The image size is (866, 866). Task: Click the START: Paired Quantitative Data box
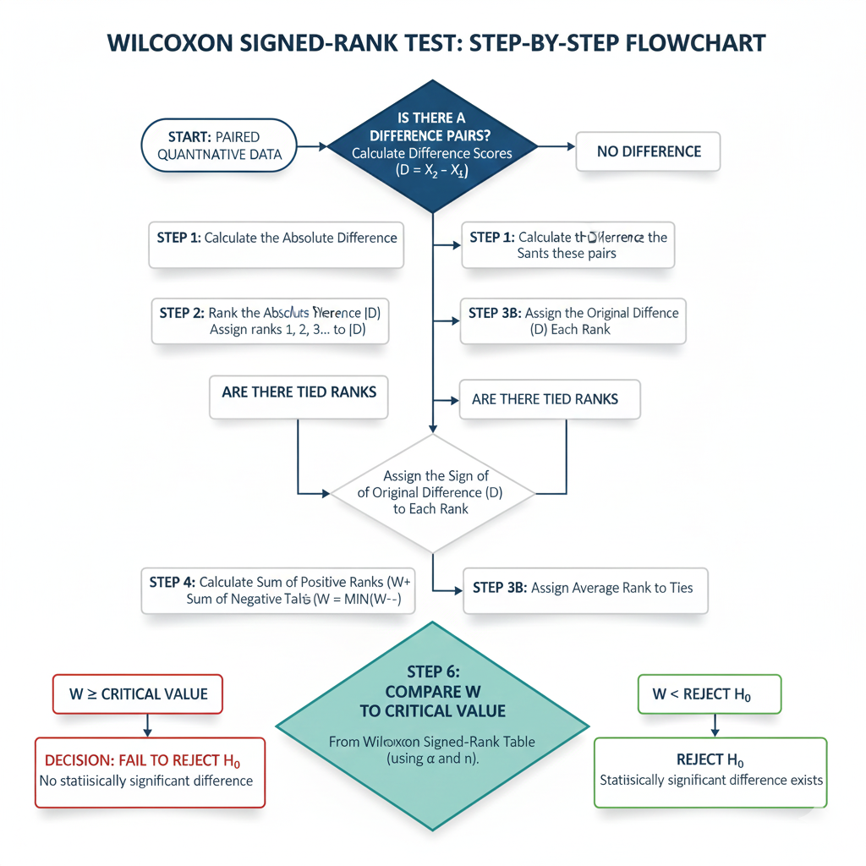pyautogui.click(x=219, y=145)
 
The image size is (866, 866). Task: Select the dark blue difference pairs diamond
pyautogui.click(x=432, y=145)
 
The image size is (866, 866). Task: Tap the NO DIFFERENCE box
pyautogui.click(x=648, y=152)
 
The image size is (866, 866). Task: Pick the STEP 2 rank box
pyautogui.click(x=270, y=321)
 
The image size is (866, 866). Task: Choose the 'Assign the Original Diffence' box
pyautogui.click(x=573, y=321)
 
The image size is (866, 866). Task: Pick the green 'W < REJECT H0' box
pyautogui.click(x=709, y=694)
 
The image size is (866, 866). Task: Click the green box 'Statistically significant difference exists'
pyautogui.click(x=710, y=771)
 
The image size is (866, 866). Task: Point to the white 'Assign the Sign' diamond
pyautogui.click(x=432, y=493)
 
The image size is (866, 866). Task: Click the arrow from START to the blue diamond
pyautogui.click(x=311, y=146)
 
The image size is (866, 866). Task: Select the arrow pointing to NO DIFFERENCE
pyautogui.click(x=554, y=146)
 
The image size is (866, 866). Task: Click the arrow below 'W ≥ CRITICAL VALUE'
pyautogui.click(x=147, y=724)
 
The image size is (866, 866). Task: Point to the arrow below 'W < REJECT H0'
pyautogui.click(x=715, y=724)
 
